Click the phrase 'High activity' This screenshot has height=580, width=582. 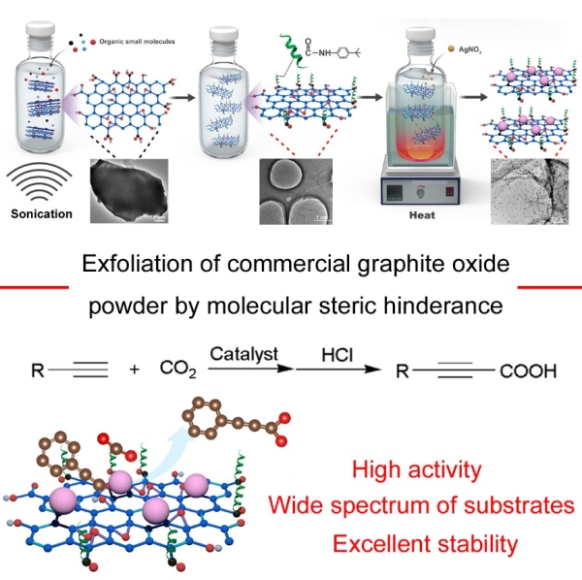(x=420, y=472)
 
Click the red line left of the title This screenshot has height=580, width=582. (x=35, y=287)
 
